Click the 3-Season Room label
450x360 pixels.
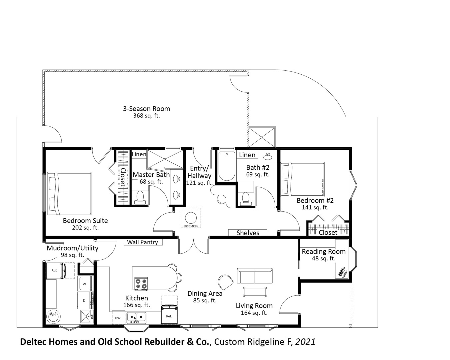pos(147,109)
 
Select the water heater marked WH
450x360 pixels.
pos(53,316)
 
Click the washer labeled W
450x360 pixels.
pos(85,284)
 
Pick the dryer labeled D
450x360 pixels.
pos(84,301)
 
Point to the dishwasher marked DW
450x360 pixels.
pos(118,318)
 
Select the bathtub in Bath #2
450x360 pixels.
pos(226,166)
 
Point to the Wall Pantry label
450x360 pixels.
pos(142,242)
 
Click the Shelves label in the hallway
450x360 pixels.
pos(248,233)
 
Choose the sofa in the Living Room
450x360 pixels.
pos(255,276)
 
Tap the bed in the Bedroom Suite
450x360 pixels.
pos(69,194)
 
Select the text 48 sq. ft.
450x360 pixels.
pos(323,258)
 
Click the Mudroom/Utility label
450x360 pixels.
pos(72,248)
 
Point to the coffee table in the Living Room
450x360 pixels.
pos(255,291)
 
